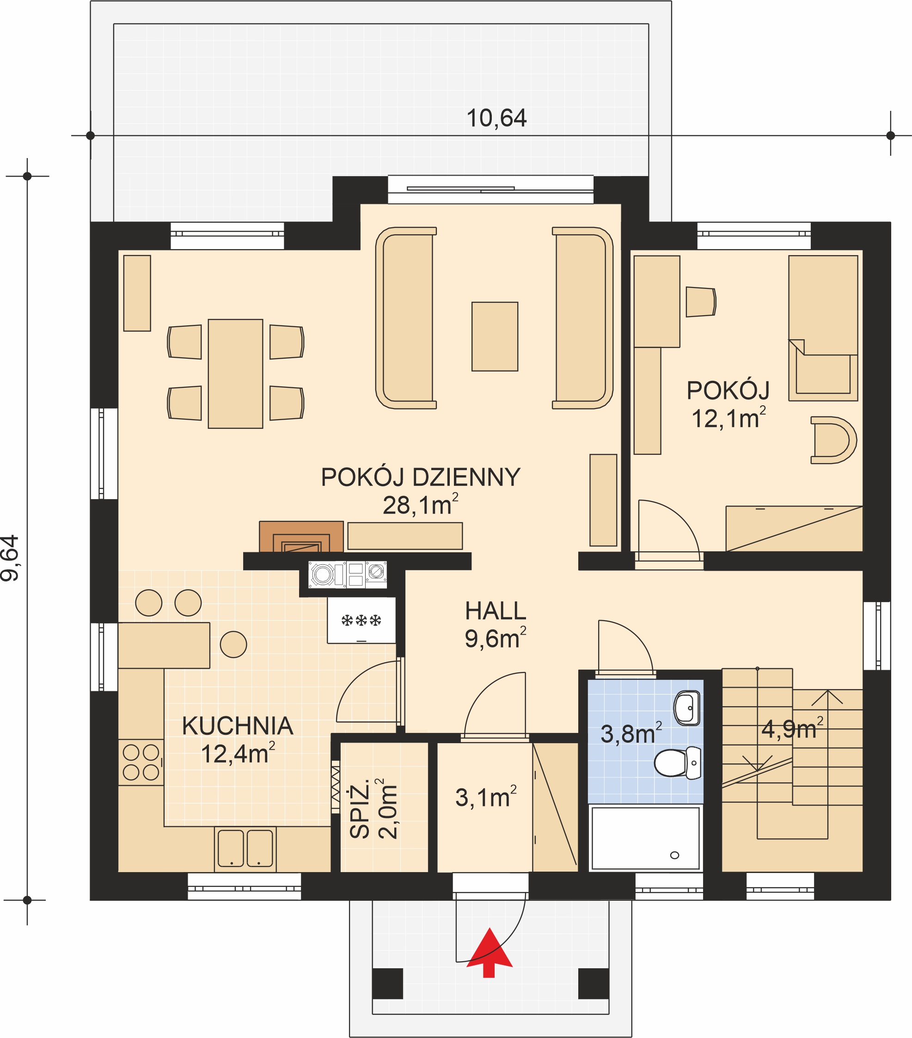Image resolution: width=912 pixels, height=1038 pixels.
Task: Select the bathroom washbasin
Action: [x=687, y=708]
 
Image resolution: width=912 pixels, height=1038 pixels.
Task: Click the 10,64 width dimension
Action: [x=496, y=118]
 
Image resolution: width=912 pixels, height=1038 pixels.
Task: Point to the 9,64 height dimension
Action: [x=10, y=558]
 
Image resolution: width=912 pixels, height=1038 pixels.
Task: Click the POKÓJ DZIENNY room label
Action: [x=421, y=477]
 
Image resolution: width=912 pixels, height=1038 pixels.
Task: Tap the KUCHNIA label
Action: [x=238, y=726]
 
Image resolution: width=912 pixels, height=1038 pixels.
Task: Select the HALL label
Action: [x=496, y=611]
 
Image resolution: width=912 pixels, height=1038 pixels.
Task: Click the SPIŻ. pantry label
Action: [x=360, y=810]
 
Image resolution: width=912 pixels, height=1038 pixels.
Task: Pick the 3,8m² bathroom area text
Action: [x=631, y=733]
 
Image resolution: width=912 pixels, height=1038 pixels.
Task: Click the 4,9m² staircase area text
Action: [x=792, y=729]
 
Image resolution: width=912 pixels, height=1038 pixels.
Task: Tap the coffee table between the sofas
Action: [x=495, y=337]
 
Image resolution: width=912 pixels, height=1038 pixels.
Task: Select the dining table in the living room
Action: [x=235, y=374]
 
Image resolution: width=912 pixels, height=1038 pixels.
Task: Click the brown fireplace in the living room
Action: [x=301, y=536]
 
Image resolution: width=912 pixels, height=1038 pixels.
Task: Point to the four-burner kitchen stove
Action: [x=141, y=762]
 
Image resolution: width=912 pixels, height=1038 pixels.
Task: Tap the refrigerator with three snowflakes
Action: [x=361, y=621]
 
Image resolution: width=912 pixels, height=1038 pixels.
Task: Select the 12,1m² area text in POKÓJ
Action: [x=728, y=418]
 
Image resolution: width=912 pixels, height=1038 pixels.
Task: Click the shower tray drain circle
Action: [x=674, y=855]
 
